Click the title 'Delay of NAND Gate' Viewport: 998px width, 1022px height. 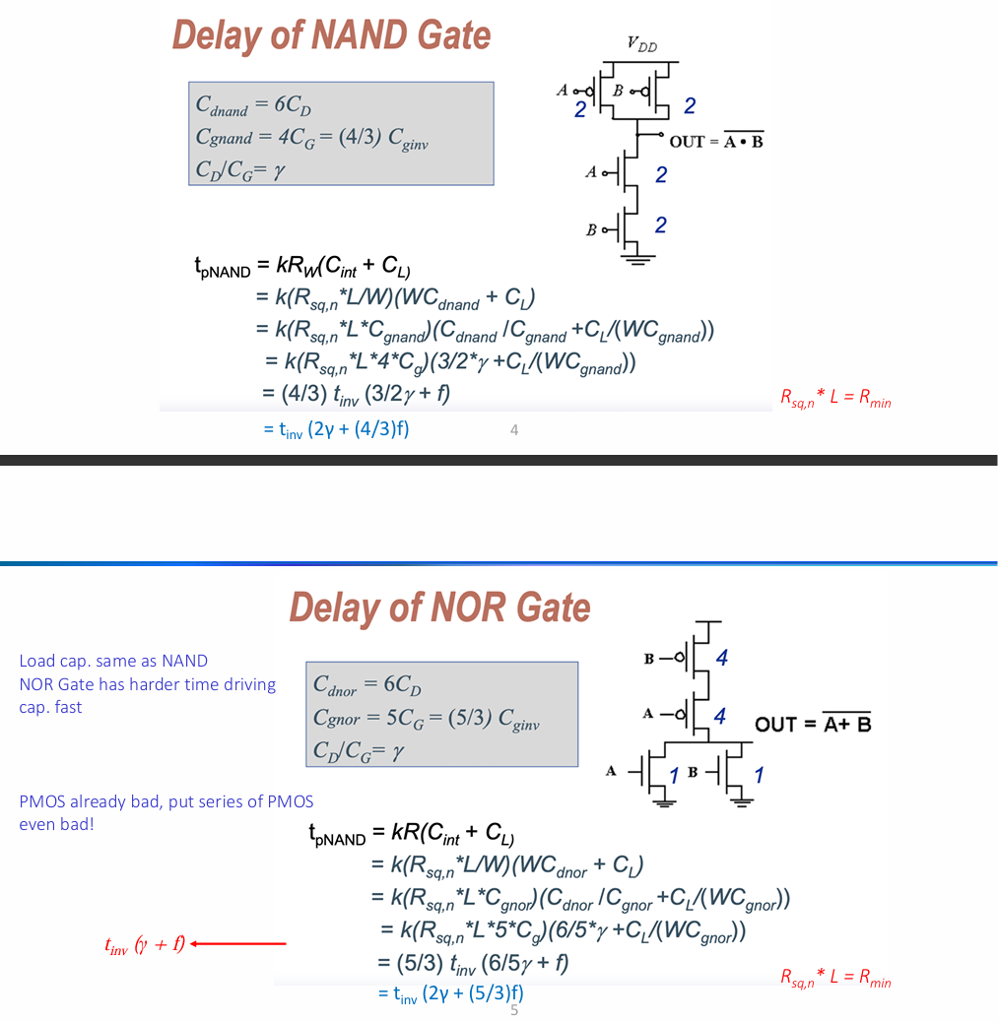(x=331, y=35)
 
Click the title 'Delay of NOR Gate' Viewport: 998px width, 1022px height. (x=439, y=607)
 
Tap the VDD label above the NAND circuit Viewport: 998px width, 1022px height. (x=642, y=43)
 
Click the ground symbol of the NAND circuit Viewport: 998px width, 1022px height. (x=637, y=259)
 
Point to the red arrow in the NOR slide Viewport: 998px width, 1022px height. (x=238, y=943)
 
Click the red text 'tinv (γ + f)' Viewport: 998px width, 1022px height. (x=145, y=944)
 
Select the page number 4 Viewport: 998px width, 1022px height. (x=514, y=430)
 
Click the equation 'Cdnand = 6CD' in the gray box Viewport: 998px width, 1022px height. (x=254, y=105)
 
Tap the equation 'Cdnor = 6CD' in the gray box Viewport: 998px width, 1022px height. (x=367, y=685)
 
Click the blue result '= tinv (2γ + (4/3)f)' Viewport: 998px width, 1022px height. (x=336, y=429)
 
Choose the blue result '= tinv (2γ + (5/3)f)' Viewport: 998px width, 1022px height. (x=451, y=994)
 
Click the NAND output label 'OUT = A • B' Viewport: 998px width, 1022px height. (x=716, y=140)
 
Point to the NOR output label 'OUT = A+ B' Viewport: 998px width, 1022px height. (x=813, y=723)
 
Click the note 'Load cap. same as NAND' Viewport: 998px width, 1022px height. (x=113, y=661)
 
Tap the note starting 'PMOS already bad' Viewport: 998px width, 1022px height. (x=166, y=813)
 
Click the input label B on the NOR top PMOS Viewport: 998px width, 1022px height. (x=649, y=659)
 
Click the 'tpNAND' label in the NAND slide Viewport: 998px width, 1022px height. (x=223, y=268)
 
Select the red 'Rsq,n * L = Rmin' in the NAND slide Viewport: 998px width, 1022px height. (x=835, y=398)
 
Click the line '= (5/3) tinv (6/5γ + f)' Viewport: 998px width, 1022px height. (x=473, y=963)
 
